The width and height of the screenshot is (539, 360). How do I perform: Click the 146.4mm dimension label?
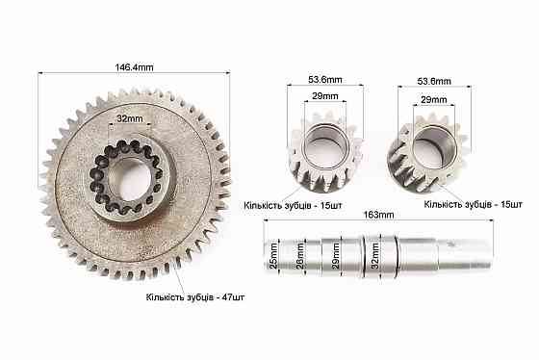(134, 67)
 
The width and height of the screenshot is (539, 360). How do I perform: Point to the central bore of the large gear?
(131, 179)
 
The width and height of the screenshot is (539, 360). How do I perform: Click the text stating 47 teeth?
(194, 297)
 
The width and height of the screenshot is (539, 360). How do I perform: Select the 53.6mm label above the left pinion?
(325, 80)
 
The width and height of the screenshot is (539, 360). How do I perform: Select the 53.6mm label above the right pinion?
(434, 82)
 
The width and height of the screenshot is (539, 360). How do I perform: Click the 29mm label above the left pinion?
(325, 96)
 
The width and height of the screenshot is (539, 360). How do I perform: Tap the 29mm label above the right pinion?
(434, 100)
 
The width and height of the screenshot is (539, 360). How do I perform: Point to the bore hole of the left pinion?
(325, 147)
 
